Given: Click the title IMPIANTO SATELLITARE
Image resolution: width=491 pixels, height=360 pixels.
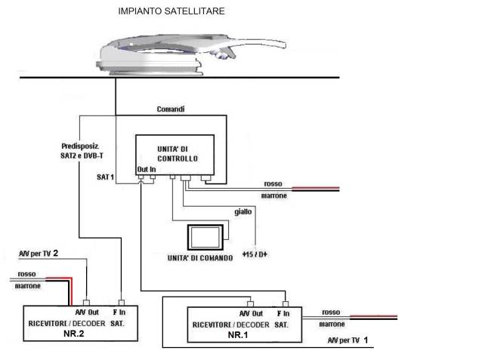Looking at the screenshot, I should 171,12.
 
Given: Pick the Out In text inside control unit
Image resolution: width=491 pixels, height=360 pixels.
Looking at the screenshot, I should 147,170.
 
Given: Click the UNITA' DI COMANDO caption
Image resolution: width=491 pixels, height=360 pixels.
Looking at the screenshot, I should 199,258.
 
